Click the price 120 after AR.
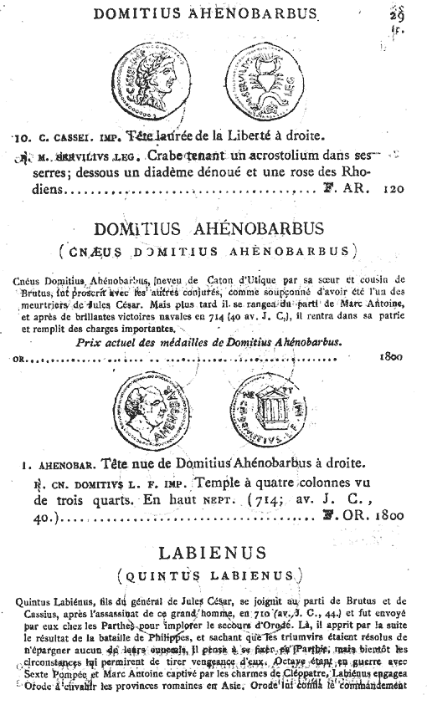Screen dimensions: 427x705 (x=392, y=189)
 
